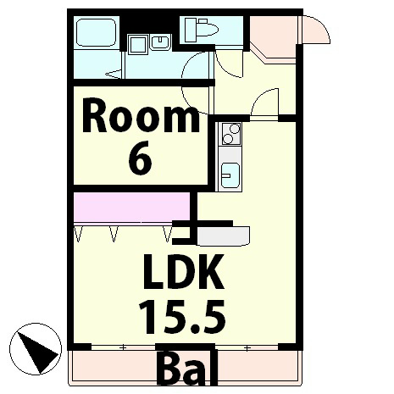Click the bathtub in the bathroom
96,32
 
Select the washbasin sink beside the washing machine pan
160,43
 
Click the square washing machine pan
137,44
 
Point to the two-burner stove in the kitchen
231,134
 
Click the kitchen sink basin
230,175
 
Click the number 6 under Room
141,160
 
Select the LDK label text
184,272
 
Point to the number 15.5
182,316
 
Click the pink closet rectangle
131,207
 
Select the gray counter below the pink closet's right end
223,236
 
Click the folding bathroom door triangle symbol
114,75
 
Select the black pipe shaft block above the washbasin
150,25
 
